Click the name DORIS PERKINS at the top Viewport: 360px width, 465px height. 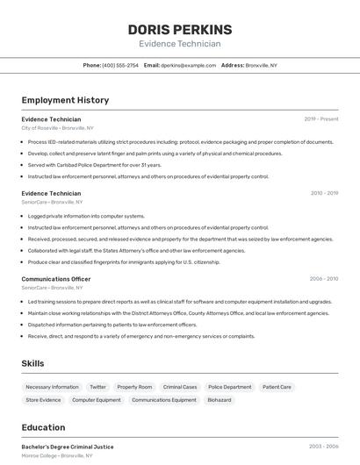click(x=180, y=29)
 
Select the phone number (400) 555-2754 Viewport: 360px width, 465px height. click(x=120, y=65)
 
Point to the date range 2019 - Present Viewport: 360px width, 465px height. click(x=321, y=118)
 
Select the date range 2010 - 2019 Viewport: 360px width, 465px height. click(x=324, y=193)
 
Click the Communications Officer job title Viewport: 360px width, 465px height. click(x=56, y=279)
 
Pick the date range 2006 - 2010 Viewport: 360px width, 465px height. click(x=323, y=279)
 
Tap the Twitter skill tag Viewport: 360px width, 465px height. click(x=97, y=387)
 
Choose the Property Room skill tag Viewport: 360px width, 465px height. click(x=134, y=387)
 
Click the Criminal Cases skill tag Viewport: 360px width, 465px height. click(x=180, y=387)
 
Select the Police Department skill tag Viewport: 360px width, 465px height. click(x=230, y=387)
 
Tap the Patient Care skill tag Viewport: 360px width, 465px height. click(x=277, y=387)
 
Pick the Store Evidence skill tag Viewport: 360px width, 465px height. click(x=43, y=400)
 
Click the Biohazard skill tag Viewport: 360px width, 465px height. click(x=220, y=400)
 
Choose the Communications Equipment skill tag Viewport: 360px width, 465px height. click(x=164, y=400)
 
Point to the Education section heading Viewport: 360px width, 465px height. click(x=43, y=427)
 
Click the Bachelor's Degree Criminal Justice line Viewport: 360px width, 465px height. click(x=68, y=447)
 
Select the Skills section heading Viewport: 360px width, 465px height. click(x=32, y=363)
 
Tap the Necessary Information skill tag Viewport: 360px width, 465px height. click(x=52, y=387)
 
